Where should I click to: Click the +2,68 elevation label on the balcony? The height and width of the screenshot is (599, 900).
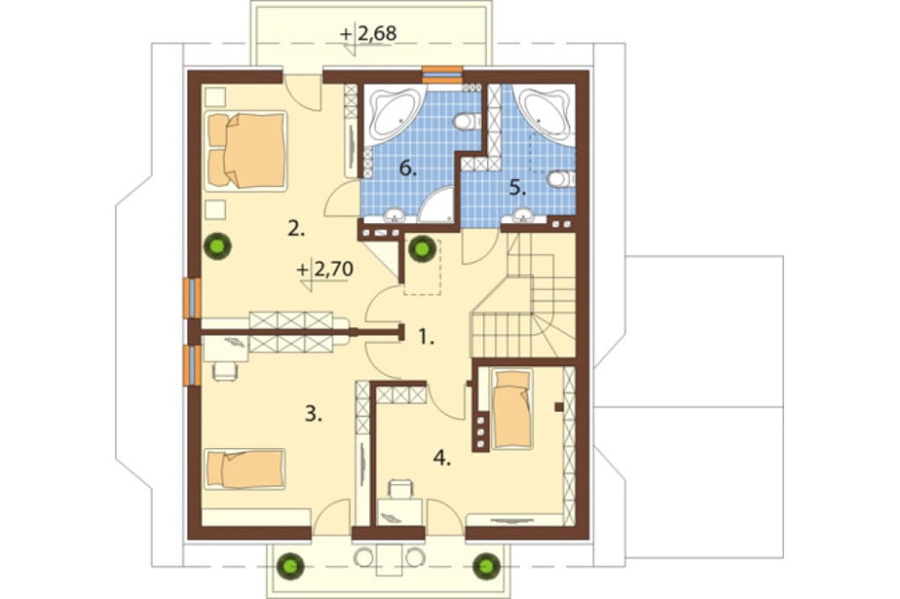tap(368, 34)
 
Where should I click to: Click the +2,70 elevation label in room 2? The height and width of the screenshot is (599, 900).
tap(325, 269)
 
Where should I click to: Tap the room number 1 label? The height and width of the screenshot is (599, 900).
tap(425, 336)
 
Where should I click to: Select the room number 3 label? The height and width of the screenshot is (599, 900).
tap(313, 413)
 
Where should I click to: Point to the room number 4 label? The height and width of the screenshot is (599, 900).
tap(441, 458)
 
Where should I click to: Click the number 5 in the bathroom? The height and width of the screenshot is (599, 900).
tap(517, 188)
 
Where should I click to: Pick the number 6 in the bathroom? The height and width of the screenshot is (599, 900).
tap(408, 169)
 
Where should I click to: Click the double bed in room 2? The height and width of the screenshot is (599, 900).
tap(246, 150)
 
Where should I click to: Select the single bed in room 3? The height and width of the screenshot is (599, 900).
tap(245, 469)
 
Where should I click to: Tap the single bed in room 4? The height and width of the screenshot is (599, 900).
tap(512, 408)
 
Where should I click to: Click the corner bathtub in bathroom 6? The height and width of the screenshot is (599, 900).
tap(395, 114)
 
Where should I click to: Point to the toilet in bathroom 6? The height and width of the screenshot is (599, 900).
tap(467, 121)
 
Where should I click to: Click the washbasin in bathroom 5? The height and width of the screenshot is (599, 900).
tap(522, 216)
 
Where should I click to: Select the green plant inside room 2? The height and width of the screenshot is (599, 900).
tap(218, 246)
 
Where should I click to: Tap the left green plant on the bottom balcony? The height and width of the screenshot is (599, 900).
tap(291, 566)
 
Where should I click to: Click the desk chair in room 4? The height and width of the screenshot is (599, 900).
tap(400, 489)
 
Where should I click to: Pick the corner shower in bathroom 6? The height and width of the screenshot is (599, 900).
tap(436, 205)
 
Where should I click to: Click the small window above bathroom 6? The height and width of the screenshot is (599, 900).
tap(443, 76)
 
